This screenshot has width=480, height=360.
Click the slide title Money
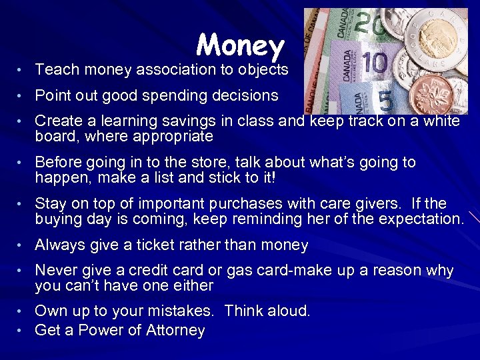pyautogui.click(x=241, y=45)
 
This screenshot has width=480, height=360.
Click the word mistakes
pyautogui.click(x=182, y=311)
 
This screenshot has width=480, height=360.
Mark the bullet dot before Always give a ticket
pyautogui.click(x=21, y=246)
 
